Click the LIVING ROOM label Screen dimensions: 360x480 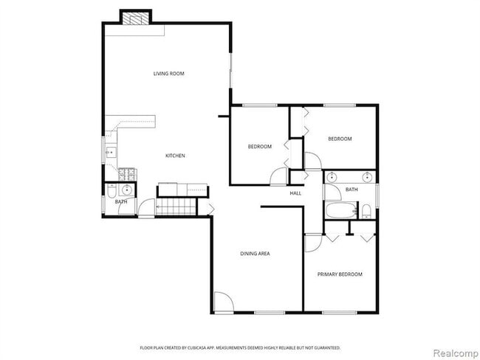tap(168, 74)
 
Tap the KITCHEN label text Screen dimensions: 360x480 tap(174, 156)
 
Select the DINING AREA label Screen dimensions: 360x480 tap(255, 254)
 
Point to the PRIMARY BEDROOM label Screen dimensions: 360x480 tap(340, 274)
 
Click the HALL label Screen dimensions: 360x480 tap(295, 193)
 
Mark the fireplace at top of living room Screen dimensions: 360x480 tap(135, 18)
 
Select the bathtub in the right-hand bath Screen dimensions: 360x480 tap(340, 212)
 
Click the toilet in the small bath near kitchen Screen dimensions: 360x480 tap(111, 193)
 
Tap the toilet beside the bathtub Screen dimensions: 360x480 tap(366, 212)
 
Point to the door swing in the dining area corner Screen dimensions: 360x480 tap(223, 302)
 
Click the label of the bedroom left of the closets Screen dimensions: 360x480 tap(259, 147)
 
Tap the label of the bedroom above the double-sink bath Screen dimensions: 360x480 tap(340, 139)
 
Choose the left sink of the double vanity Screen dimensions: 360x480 tap(332, 177)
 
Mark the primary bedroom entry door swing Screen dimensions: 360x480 tap(313, 243)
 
